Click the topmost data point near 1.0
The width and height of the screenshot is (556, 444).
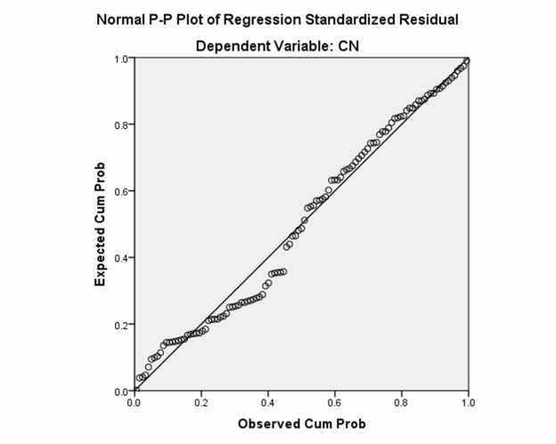pyautogui.click(x=467, y=61)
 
